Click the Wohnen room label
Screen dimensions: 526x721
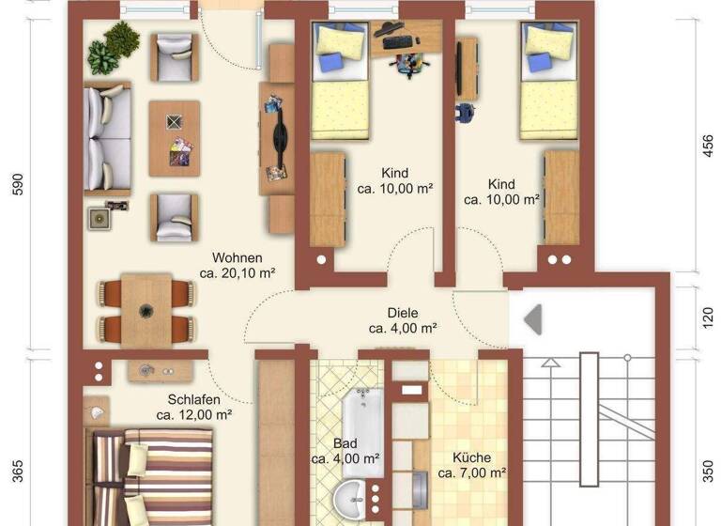point(237,257)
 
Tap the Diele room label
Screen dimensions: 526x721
point(402,313)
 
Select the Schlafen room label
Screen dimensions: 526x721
point(194,399)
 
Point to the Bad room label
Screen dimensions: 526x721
point(345,443)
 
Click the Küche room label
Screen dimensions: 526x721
point(471,457)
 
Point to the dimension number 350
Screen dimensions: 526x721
point(709,470)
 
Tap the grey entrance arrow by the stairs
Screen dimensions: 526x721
point(532,318)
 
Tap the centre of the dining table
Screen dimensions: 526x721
point(146,310)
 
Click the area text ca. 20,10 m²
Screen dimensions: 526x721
point(237,273)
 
